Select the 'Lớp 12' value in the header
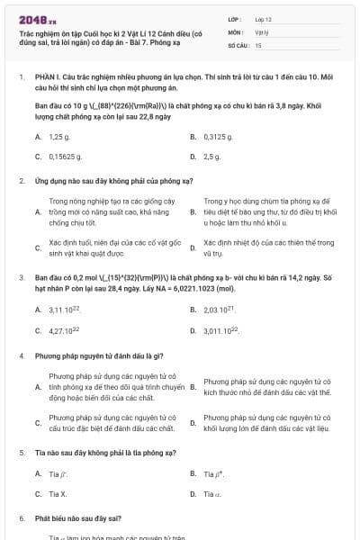tap(263, 18)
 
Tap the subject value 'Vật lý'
tap(262, 31)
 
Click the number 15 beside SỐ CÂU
tap(258, 44)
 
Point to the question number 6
tap(22, 519)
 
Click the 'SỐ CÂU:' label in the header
tap(237, 44)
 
